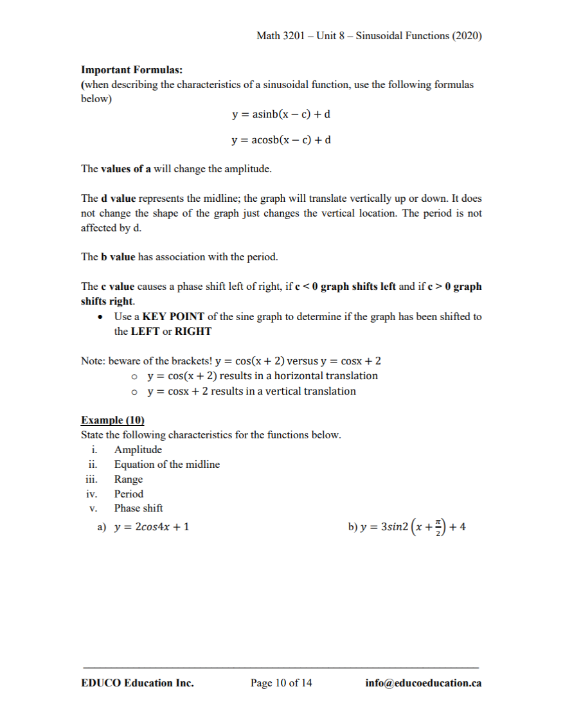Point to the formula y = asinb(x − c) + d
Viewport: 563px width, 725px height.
pos(281,114)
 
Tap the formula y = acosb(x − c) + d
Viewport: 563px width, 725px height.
pos(281,139)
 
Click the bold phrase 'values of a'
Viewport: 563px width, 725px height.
pos(126,170)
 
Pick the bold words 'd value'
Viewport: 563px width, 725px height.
pos(118,199)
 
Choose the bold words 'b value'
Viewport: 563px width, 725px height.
pos(118,257)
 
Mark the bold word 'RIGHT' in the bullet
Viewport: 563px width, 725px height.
pos(193,332)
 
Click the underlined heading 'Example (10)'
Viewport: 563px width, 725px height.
pos(112,420)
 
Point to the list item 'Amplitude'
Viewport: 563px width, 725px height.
pos(138,450)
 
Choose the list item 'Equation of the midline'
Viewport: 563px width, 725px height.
pos(166,465)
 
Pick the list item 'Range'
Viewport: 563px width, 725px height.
pos(129,479)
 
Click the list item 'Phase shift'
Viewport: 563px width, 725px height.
pos(138,508)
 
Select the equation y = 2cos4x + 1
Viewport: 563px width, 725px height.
pos(152,528)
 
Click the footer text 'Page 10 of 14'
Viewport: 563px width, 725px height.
pos(281,683)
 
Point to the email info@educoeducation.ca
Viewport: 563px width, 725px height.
pos(423,683)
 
